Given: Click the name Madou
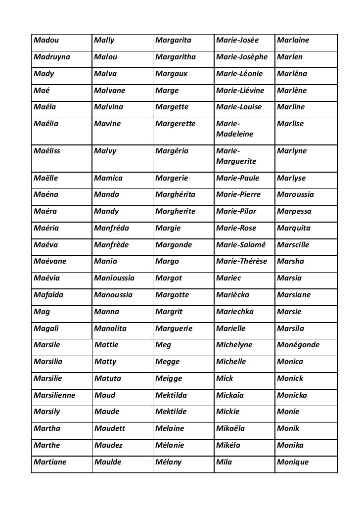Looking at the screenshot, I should click(x=44, y=40).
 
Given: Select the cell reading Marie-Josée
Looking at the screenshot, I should click(x=237, y=40).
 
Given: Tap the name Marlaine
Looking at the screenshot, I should click(x=294, y=40).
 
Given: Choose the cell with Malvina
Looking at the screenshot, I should click(x=108, y=107).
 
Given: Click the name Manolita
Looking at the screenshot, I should click(x=110, y=329).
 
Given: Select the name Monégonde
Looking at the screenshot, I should click(x=299, y=345).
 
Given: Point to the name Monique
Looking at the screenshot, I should click(x=293, y=463).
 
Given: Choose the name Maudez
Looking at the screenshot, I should click(x=107, y=446).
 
